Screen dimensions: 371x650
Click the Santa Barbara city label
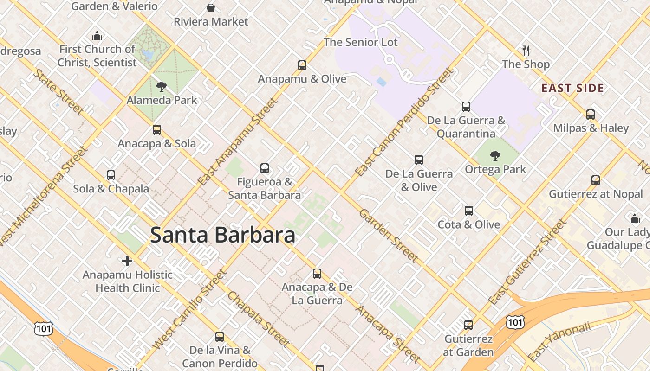[223, 235]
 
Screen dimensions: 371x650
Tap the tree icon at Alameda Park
[162, 86]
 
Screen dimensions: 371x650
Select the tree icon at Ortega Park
[495, 156]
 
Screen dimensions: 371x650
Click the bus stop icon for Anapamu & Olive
[302, 65]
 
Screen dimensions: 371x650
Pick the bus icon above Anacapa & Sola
[157, 130]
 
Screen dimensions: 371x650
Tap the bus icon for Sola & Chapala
[111, 175]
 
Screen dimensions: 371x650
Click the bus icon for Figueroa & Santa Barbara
[265, 168]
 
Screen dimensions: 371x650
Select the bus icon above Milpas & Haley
[591, 115]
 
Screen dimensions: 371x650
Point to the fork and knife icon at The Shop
[526, 50]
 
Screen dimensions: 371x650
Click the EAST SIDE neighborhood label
[572, 88]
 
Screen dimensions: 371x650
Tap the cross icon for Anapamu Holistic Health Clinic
[127, 261]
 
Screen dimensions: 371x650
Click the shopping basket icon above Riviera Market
[211, 8]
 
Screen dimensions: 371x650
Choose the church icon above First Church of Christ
[97, 36]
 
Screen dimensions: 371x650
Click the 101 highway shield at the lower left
[43, 329]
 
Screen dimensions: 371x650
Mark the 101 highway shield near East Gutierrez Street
[515, 322]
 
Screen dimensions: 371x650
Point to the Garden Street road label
[389, 235]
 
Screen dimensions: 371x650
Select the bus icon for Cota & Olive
[469, 211]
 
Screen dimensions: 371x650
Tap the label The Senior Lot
[361, 42]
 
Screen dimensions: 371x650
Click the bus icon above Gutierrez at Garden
[468, 325]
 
